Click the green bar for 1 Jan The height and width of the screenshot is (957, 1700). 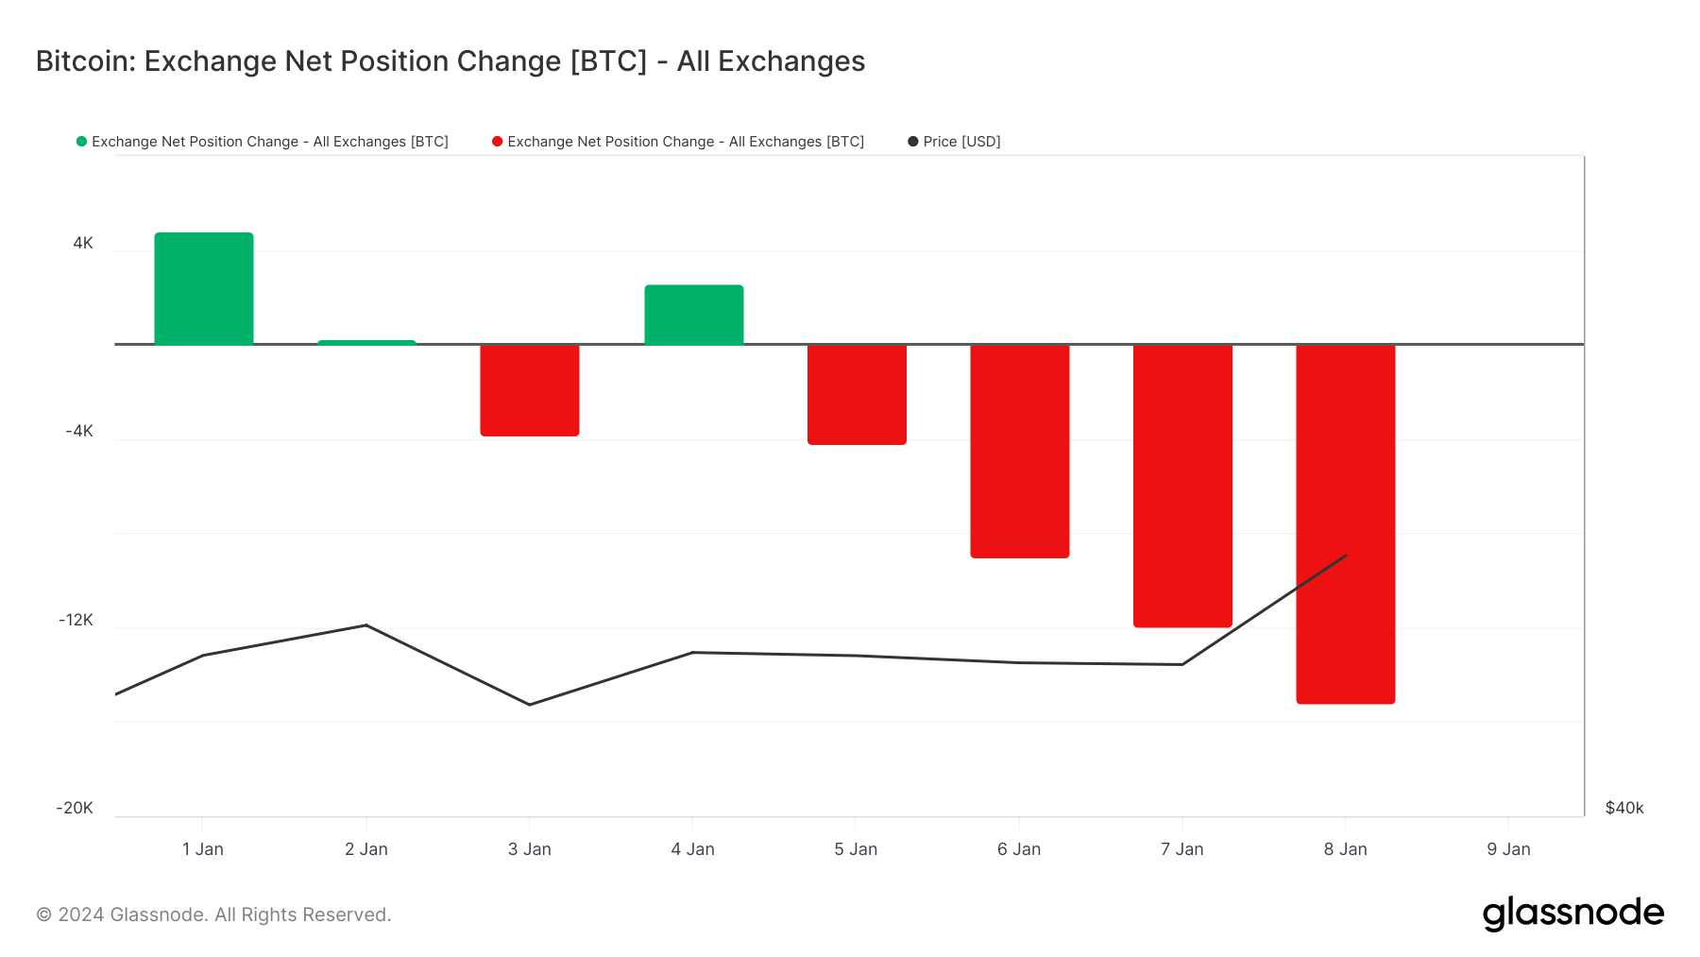tap(204, 288)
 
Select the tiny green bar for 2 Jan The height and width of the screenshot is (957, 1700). tap(366, 342)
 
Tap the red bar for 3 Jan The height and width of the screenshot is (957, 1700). tap(530, 389)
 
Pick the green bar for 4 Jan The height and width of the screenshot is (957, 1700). tap(694, 315)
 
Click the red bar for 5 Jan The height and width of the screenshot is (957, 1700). tap(857, 394)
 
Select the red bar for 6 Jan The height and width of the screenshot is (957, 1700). tap(1020, 451)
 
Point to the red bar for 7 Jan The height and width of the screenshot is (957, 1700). tap(1182, 485)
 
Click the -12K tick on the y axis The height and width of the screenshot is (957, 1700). tap(76, 620)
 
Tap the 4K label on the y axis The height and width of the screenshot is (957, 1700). tap(83, 243)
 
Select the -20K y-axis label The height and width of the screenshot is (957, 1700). tap(75, 808)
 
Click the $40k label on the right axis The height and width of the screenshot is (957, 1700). tap(1624, 808)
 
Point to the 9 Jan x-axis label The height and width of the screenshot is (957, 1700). tap(1508, 848)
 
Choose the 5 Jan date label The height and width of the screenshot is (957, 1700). tap(856, 848)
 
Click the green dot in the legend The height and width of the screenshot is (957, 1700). tap(81, 142)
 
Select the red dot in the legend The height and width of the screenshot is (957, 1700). tap(497, 142)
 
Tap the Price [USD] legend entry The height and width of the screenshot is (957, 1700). tap(961, 142)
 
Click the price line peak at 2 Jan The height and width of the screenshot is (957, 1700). tap(366, 624)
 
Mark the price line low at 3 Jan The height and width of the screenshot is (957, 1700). tap(530, 705)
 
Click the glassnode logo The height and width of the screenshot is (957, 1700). tap(1572, 914)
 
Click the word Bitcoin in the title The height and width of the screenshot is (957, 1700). tap(86, 61)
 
